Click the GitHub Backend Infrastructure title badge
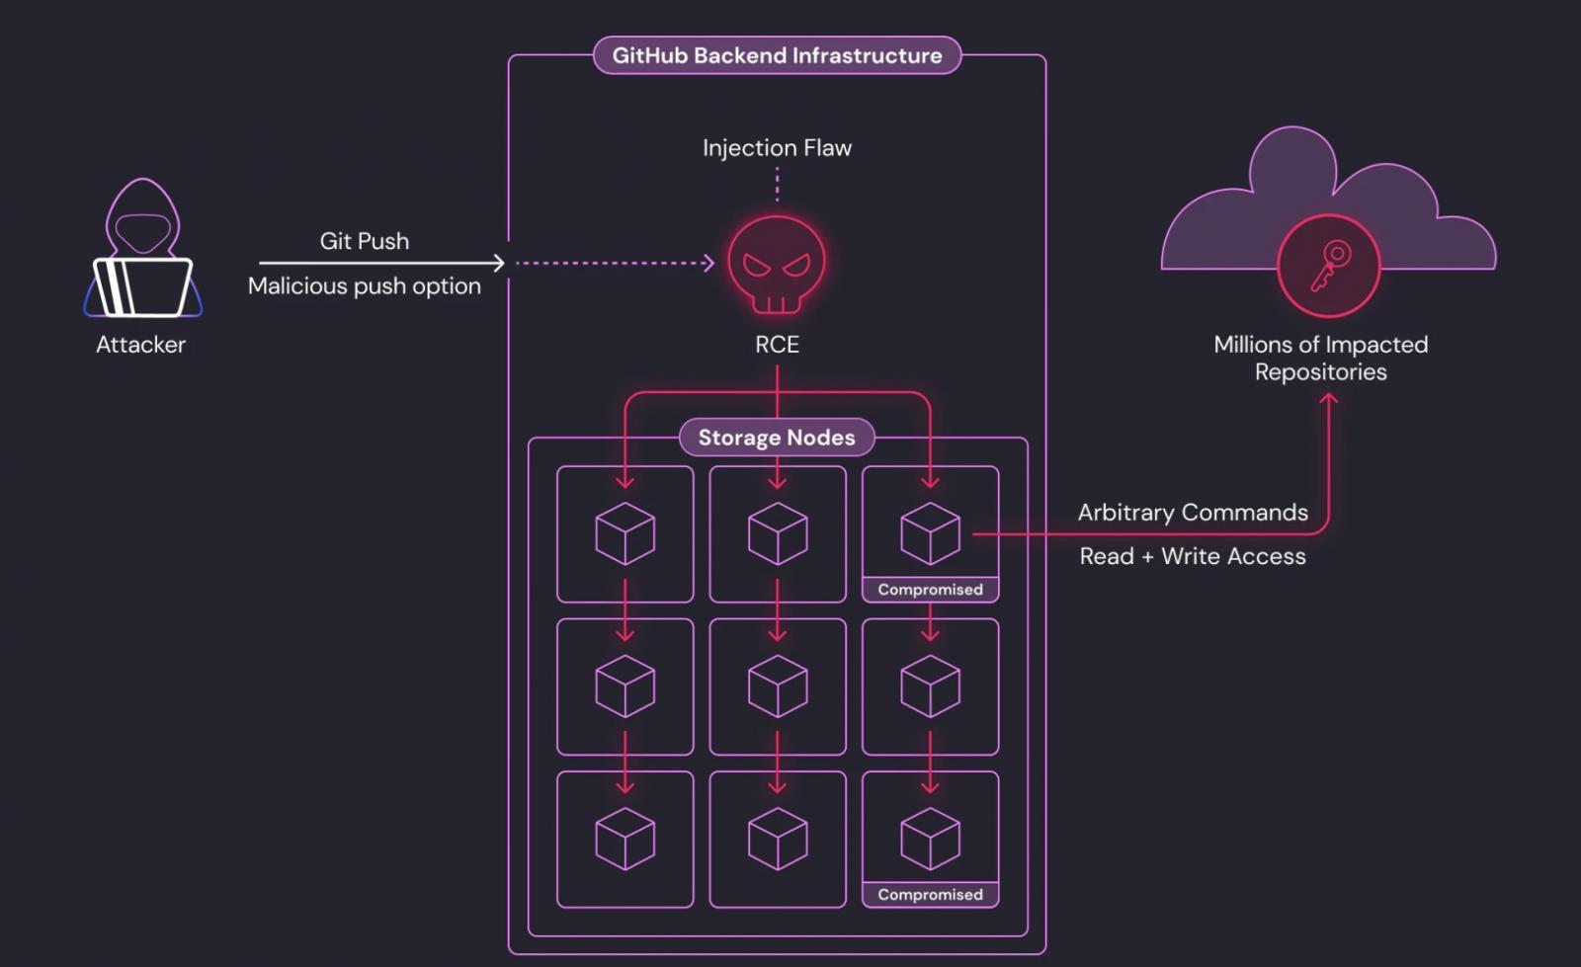point(777,55)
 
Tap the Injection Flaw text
point(777,148)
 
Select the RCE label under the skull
point(777,345)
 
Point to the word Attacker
point(140,345)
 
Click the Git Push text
point(364,241)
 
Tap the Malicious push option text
point(364,286)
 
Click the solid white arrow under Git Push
point(381,263)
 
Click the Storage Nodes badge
point(777,438)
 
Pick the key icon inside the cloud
point(1329,266)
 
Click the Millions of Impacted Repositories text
point(1320,358)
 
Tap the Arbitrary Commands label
point(1193,513)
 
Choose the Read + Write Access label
point(1193,556)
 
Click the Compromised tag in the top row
point(930,590)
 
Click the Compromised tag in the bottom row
point(930,895)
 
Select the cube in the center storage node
point(778,685)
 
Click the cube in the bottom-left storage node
point(624,839)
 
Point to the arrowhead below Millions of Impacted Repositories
point(1329,399)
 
